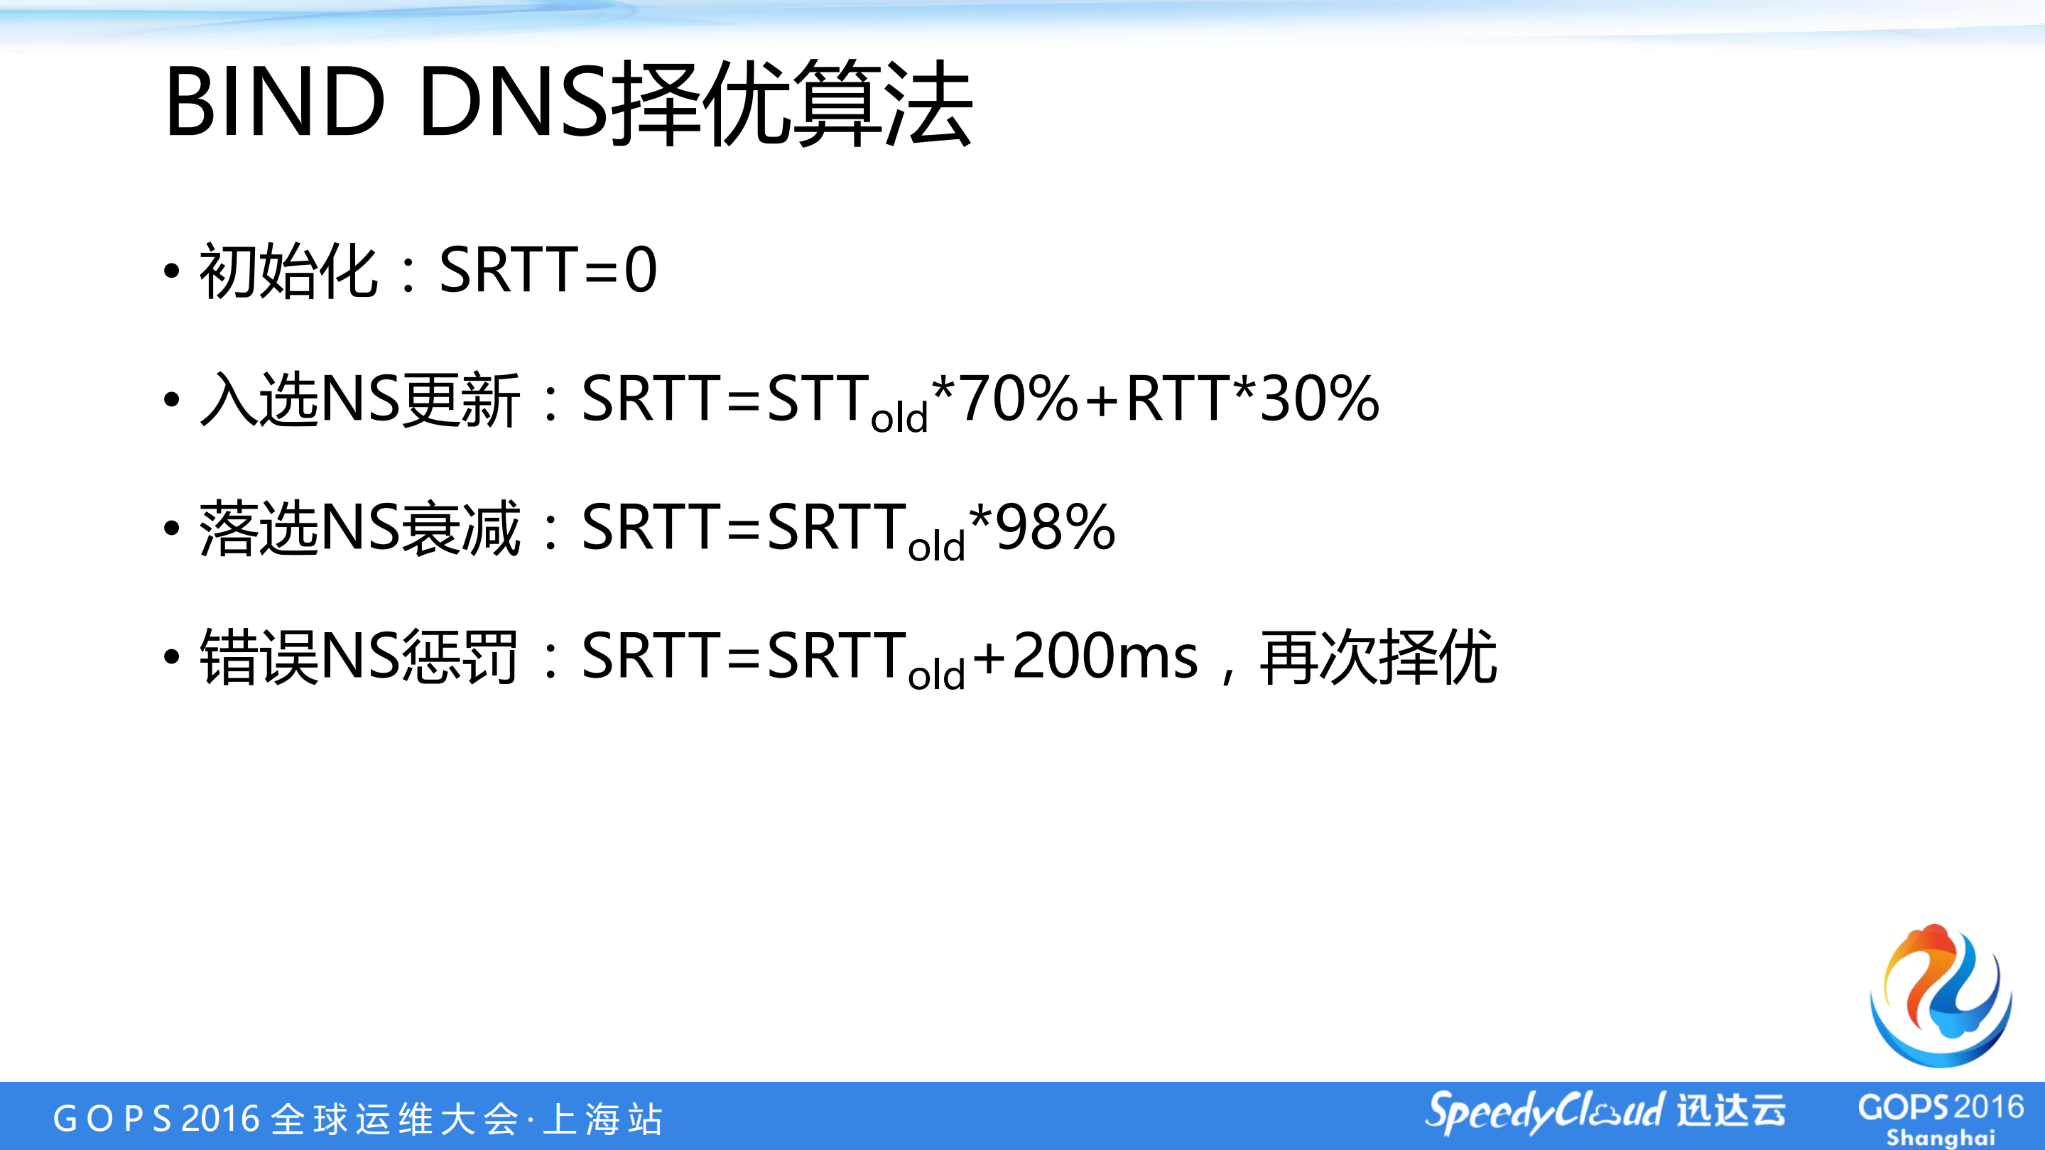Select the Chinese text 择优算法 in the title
794,103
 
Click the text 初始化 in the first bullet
288,271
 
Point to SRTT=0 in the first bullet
548,271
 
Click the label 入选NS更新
359,399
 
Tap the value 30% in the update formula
1318,399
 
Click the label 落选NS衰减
359,528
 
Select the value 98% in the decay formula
1055,528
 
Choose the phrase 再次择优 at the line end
1378,656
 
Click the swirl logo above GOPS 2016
1942,996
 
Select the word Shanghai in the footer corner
1940,1137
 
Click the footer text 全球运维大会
394,1119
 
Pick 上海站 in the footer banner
603,1119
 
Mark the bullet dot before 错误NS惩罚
171,657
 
